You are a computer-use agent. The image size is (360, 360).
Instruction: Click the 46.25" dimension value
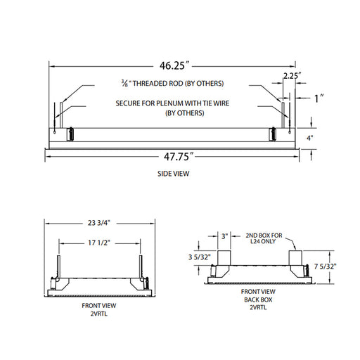pos(174,65)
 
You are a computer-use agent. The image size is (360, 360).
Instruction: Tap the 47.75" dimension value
pos(179,156)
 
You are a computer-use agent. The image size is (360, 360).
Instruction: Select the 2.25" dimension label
pos(292,76)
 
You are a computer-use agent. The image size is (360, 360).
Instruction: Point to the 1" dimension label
pos(319,98)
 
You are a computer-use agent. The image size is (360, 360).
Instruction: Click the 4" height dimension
pos(310,138)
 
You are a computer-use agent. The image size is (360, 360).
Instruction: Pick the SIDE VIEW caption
pos(173,174)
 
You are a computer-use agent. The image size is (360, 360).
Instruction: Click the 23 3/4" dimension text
pos(99,223)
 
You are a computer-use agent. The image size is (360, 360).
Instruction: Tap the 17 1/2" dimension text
pos(99,243)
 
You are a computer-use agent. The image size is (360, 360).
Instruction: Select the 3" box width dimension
pos(224,236)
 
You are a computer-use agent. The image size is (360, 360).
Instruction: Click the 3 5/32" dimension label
pos(199,257)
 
